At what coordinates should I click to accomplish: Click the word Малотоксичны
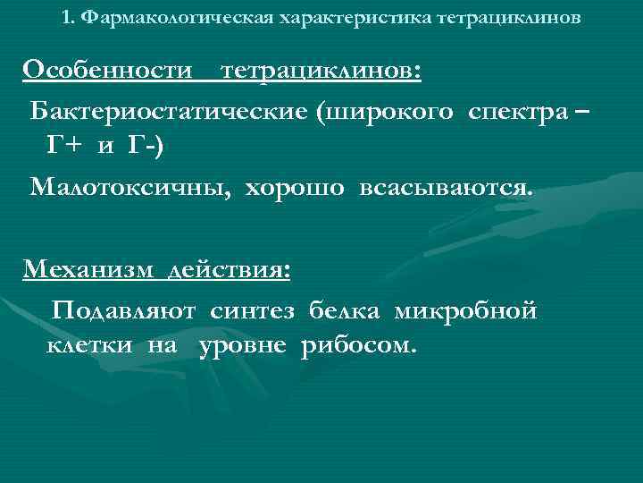coord(127,188)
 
